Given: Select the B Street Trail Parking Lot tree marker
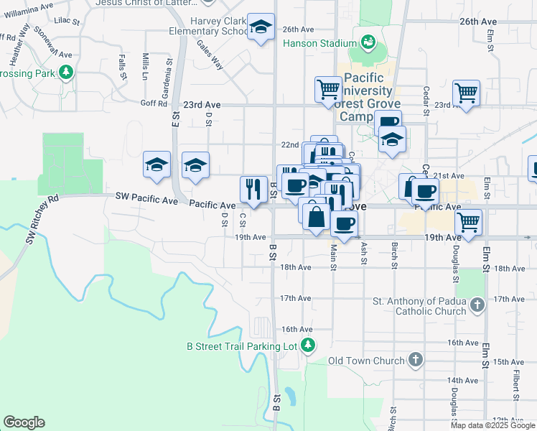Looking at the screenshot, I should tap(308, 346).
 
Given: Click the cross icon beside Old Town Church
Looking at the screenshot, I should tap(415, 360).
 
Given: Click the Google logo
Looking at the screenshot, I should tap(24, 422).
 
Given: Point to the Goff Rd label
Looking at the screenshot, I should tap(154, 103).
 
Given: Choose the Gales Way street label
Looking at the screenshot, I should tap(210, 55).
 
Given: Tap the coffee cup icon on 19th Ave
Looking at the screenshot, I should tap(344, 223).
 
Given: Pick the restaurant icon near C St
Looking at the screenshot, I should tap(253, 189).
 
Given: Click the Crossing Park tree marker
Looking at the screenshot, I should tap(66, 73).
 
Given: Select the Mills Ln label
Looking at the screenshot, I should tap(145, 66).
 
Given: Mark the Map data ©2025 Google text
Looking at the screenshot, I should tap(492, 425).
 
